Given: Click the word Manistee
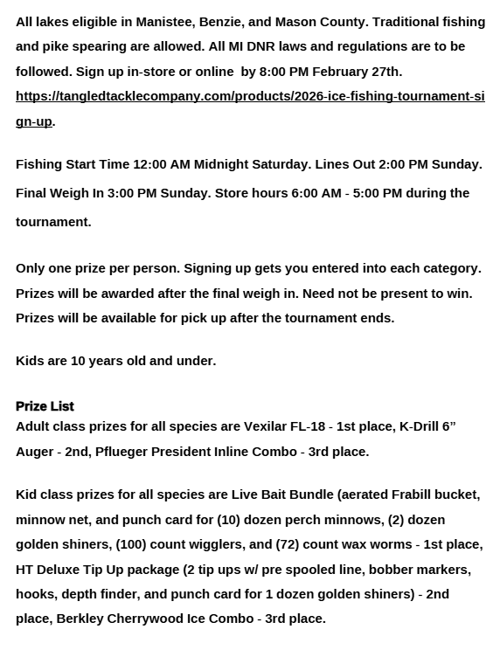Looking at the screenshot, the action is [x=164, y=21].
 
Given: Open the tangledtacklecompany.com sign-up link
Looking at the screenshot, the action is [x=250, y=96].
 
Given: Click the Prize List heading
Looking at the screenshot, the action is [x=45, y=405].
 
